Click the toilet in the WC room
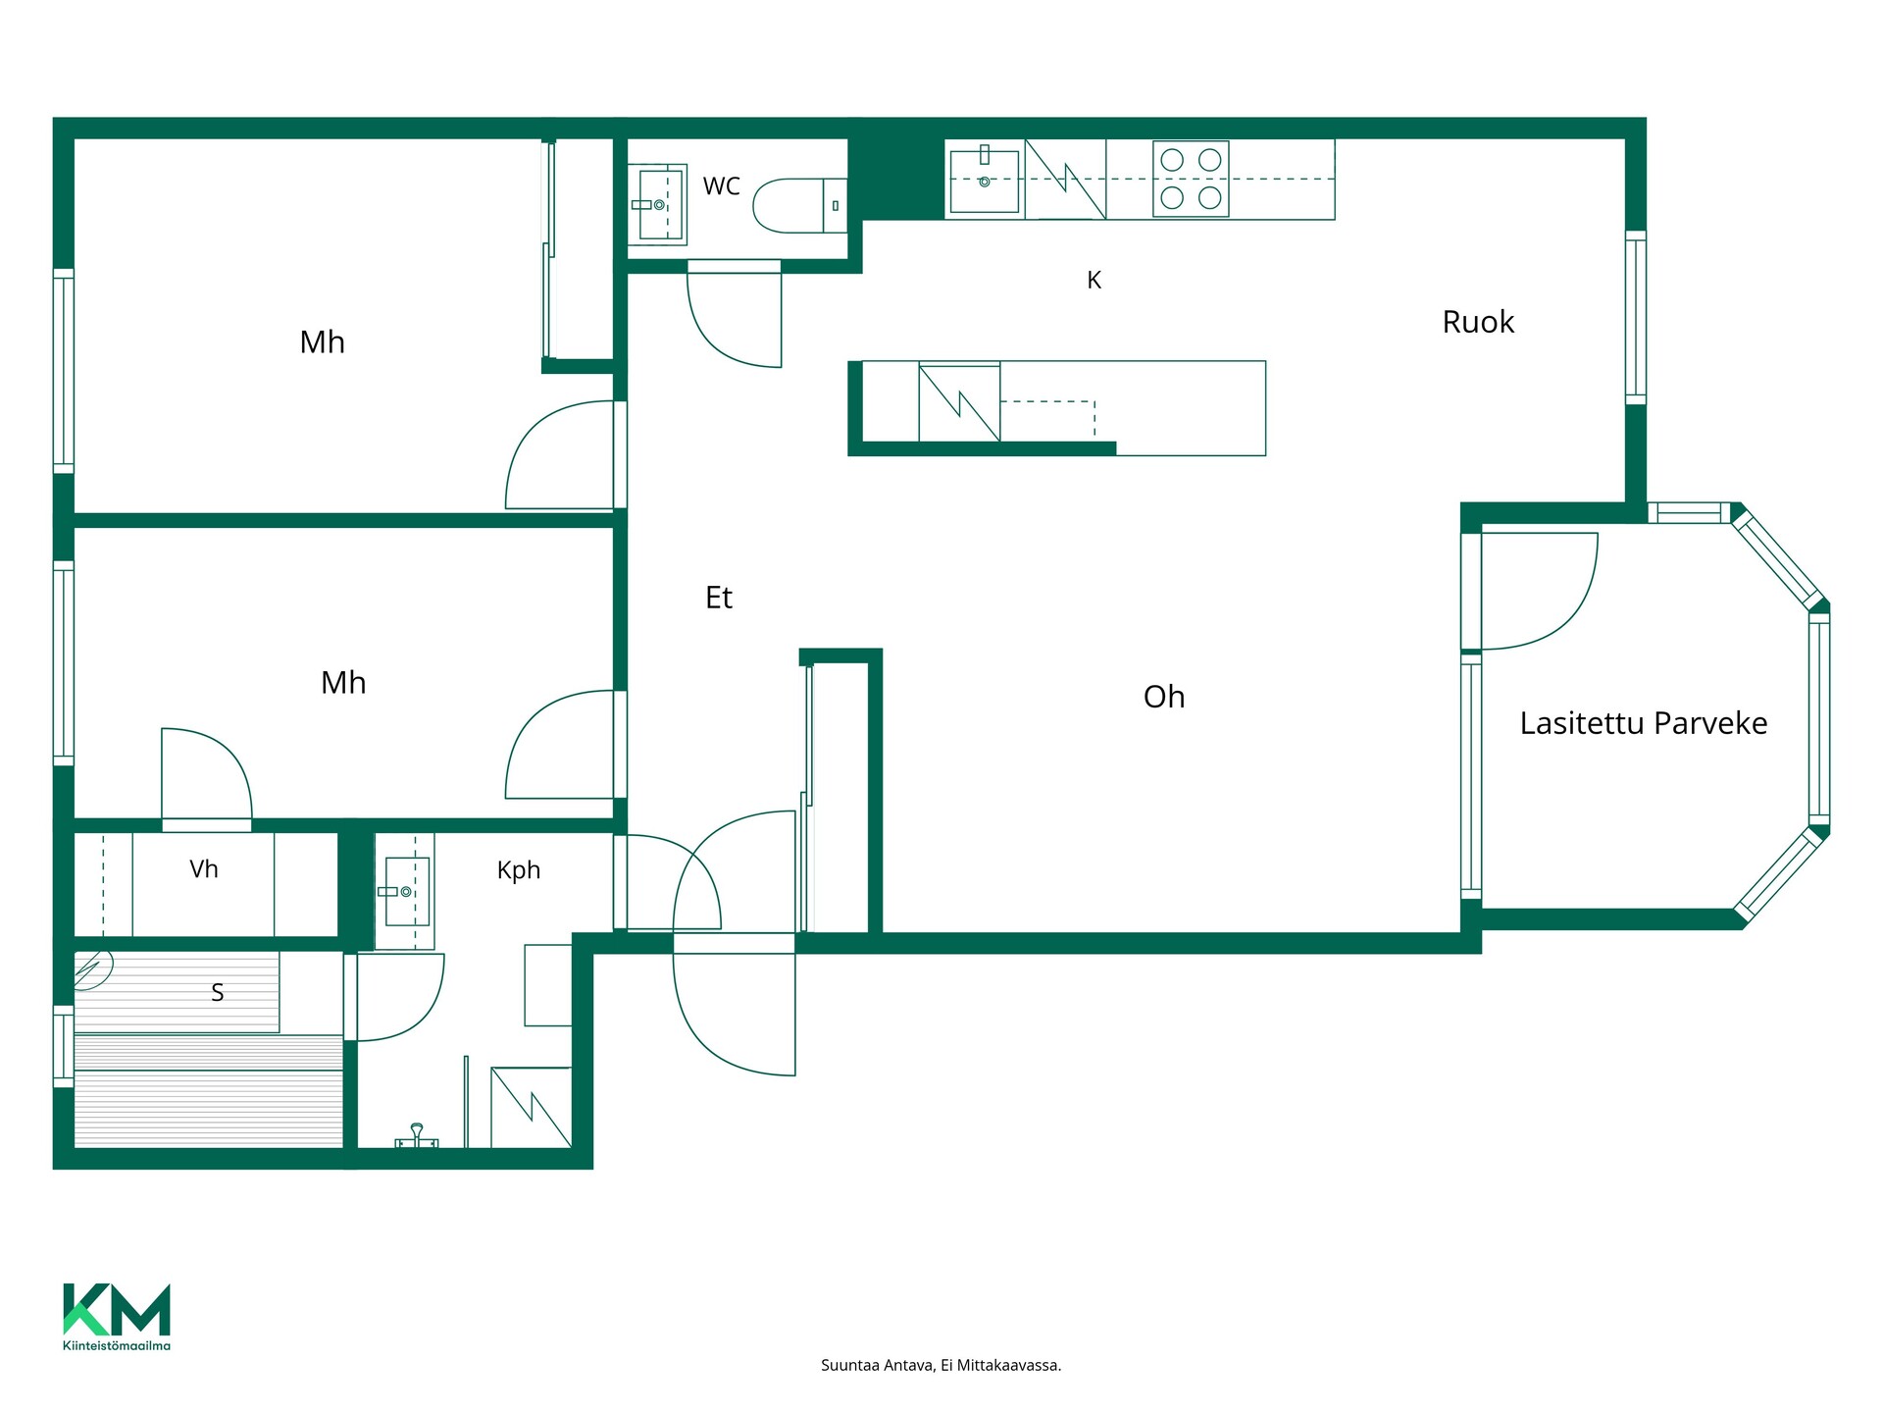(799, 205)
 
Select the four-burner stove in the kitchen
(1191, 179)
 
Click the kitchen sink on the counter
(985, 179)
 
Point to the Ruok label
(1478, 322)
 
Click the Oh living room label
(1164, 697)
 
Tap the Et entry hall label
(719, 598)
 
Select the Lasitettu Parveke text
(1644, 723)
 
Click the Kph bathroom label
(519, 870)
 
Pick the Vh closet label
(204, 869)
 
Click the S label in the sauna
(218, 993)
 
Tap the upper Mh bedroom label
(323, 342)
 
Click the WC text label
(722, 186)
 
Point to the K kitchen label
(1094, 281)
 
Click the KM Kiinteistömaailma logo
(117, 1317)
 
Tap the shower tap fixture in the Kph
(417, 1136)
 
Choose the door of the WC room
(734, 314)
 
